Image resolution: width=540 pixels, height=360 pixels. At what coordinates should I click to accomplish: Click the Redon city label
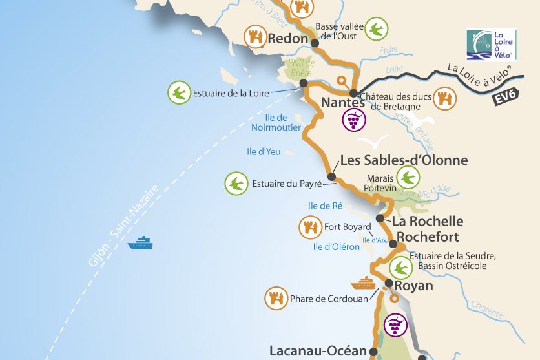click(x=288, y=39)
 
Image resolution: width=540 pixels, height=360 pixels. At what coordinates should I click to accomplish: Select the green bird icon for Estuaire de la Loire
click(x=178, y=93)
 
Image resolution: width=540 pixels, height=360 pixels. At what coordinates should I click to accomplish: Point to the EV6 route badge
click(x=506, y=98)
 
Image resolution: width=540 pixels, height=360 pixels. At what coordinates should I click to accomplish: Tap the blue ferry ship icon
click(x=140, y=243)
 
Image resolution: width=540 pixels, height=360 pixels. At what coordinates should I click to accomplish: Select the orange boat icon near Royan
click(x=363, y=283)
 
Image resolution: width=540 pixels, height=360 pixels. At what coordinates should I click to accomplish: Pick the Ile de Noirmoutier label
click(x=276, y=123)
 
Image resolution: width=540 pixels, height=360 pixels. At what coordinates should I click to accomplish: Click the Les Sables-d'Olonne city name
click(x=404, y=160)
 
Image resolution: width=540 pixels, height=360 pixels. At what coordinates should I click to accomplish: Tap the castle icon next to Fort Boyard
click(x=310, y=227)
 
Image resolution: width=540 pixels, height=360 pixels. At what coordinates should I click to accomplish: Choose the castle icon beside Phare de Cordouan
click(x=276, y=298)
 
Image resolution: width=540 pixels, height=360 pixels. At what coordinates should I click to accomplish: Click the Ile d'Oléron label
click(x=336, y=247)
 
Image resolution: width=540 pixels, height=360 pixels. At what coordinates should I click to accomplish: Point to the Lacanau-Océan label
click(x=317, y=352)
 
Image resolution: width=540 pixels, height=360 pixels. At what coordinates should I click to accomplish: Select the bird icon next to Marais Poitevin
click(x=408, y=177)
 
